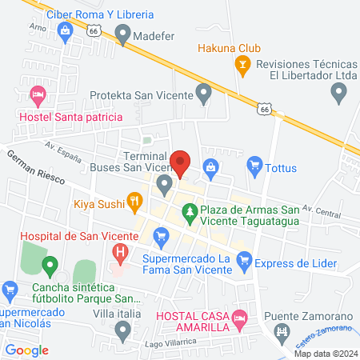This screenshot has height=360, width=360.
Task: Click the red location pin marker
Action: [180, 162]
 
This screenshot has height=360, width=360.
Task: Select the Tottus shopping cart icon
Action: [255, 166]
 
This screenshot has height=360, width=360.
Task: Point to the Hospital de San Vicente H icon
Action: [120, 254]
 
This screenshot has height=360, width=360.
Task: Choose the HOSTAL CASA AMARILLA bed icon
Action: [238, 325]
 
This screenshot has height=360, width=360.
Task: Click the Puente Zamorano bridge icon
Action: [281, 330]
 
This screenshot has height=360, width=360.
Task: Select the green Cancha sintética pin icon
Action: [50, 265]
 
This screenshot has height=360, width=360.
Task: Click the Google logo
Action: [27, 350]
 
